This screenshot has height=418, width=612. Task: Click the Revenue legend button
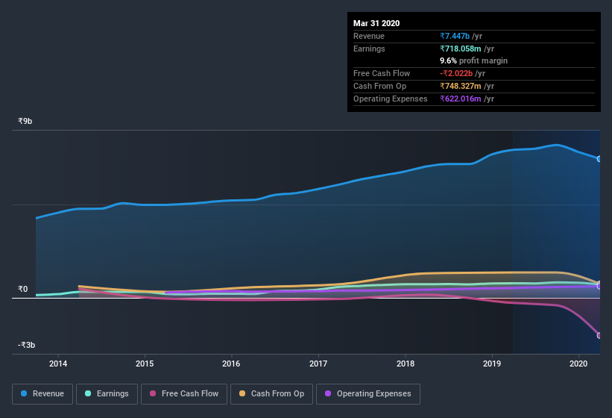click(43, 393)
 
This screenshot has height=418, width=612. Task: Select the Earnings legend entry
click(107, 393)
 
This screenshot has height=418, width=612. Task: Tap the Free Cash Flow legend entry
click(184, 393)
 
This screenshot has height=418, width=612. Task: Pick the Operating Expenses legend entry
click(367, 393)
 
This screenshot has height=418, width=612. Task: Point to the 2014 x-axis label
click(58, 364)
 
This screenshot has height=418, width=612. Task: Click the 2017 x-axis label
click(318, 364)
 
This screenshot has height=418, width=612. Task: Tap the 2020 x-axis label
click(579, 364)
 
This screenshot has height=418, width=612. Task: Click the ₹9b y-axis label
click(25, 121)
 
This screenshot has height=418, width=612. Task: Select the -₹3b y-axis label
click(28, 345)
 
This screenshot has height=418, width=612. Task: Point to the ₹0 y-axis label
click(23, 289)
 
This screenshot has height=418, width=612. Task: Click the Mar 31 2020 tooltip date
click(376, 23)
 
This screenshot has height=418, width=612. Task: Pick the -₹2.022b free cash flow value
click(462, 73)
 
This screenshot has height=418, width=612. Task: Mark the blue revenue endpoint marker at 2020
click(599, 159)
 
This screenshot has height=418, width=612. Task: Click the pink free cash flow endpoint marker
click(599, 335)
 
